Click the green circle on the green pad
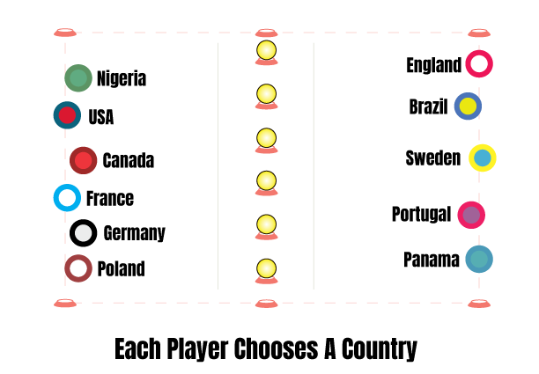pos(78,77)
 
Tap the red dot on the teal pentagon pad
pos(67,114)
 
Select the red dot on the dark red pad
pos(83,160)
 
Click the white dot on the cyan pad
pos(67,197)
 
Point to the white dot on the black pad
pos(83,233)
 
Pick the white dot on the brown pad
pos(78,268)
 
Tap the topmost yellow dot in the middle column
pos(266,49)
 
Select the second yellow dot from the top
pos(266,93)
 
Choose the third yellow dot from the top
pos(266,137)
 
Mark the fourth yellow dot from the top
pos(266,180)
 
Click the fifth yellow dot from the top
pos(266,224)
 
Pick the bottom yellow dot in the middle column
pos(266,268)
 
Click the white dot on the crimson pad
pos(479,63)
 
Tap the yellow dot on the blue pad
pos(468,106)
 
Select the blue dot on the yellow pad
pos(482,158)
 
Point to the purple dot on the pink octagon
pos(471,215)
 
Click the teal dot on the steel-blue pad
pos(479,259)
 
